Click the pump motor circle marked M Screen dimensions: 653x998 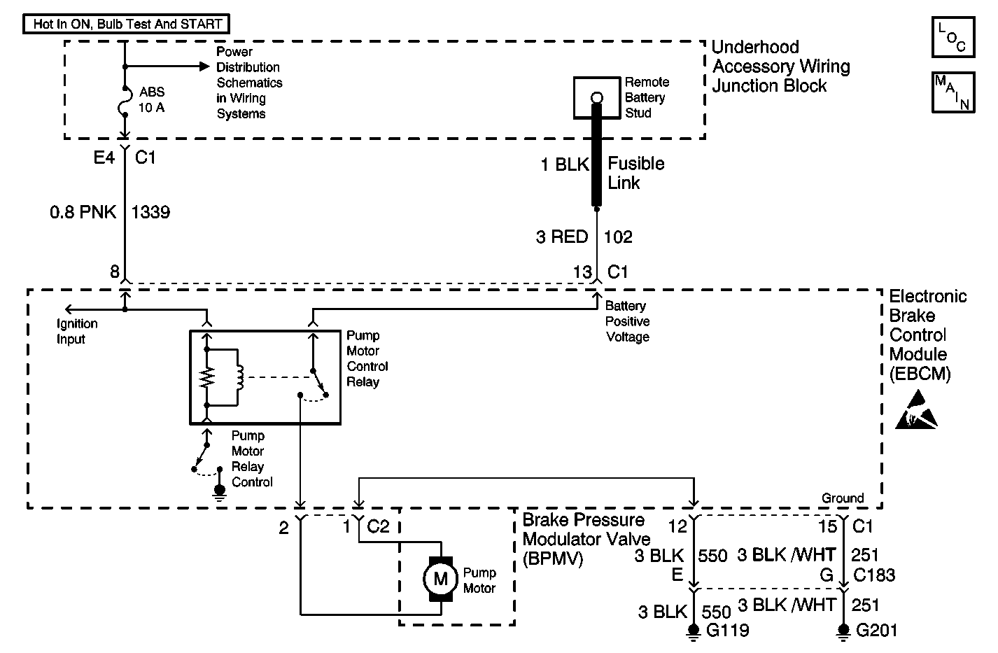[x=440, y=578]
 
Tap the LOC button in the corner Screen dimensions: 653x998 [x=953, y=37]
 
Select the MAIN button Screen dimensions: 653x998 [x=953, y=92]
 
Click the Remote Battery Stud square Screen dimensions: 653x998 [x=596, y=97]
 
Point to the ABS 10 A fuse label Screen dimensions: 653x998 [x=153, y=100]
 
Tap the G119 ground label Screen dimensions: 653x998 [x=728, y=630]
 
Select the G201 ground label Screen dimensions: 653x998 [x=877, y=630]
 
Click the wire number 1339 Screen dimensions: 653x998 [x=150, y=212]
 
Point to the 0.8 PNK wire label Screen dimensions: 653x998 [x=83, y=212]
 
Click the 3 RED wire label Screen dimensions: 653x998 [x=562, y=237]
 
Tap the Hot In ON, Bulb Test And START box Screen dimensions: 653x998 [x=127, y=24]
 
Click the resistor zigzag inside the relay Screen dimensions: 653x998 [x=206, y=378]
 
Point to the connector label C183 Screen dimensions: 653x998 [x=874, y=575]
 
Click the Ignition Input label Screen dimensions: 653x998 [x=77, y=332]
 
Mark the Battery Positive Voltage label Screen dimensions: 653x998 [x=627, y=321]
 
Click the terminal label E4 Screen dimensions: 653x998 [x=104, y=157]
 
